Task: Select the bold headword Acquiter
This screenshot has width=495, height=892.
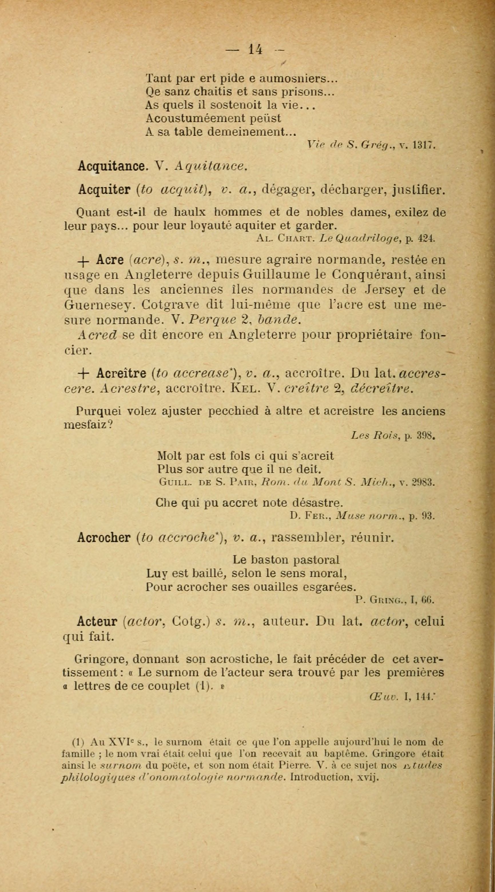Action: (104, 190)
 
